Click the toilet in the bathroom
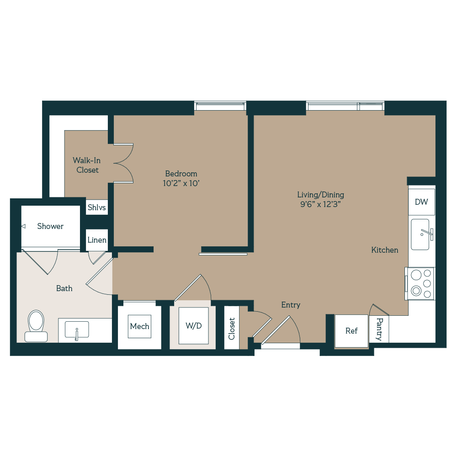pos(36,325)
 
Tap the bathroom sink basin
pos(77,329)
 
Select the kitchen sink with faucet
pos(420,234)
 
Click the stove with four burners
pos(420,283)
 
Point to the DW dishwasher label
pos(421,202)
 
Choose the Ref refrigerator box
pos(351,331)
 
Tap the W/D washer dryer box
pos(193,326)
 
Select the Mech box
pos(139,326)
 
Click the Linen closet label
pos(97,240)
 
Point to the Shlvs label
pos(97,207)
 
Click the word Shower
pos(50,226)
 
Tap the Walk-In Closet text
pos(87,165)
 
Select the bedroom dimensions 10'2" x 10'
pos(181,184)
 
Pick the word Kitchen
pos(384,250)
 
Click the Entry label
pos(291,305)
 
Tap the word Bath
pos(64,288)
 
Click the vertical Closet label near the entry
pos(232,329)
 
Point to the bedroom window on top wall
pos(220,106)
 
